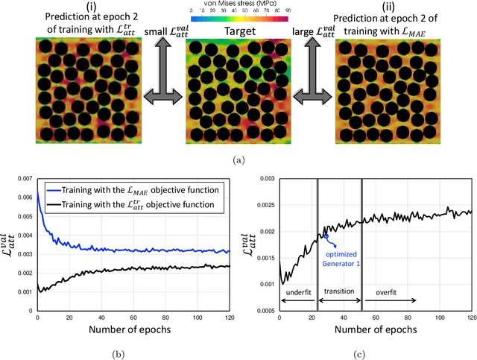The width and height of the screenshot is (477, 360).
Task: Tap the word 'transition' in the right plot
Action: pyautogui.click(x=338, y=292)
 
